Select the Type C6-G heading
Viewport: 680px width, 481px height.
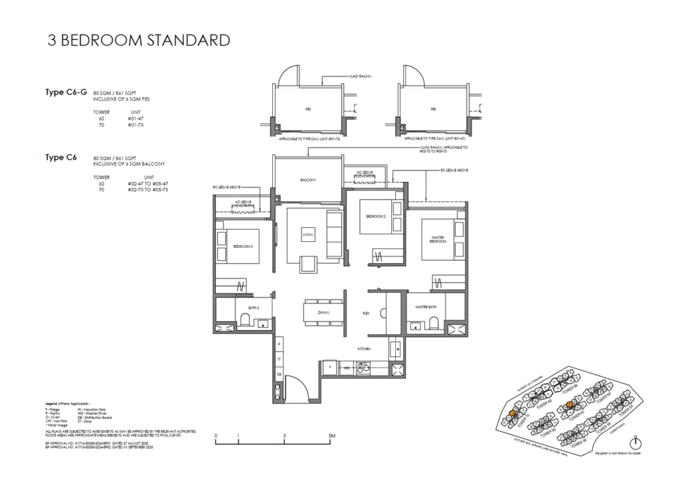pyautogui.click(x=66, y=92)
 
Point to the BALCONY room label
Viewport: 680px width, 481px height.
pyautogui.click(x=307, y=180)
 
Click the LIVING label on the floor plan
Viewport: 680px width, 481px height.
pyautogui.click(x=308, y=235)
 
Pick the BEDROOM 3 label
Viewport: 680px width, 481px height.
pyautogui.click(x=242, y=246)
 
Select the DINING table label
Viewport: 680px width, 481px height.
pyautogui.click(x=323, y=312)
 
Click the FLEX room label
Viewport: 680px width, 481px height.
pyautogui.click(x=366, y=312)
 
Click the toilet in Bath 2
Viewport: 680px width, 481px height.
pyautogui.click(x=245, y=321)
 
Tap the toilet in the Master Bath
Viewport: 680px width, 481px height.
pyautogui.click(x=434, y=322)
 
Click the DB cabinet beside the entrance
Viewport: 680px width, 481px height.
pyautogui.click(x=280, y=374)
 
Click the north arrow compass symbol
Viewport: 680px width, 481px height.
pyautogui.click(x=636, y=442)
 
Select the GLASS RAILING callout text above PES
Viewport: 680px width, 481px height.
pyautogui.click(x=360, y=76)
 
